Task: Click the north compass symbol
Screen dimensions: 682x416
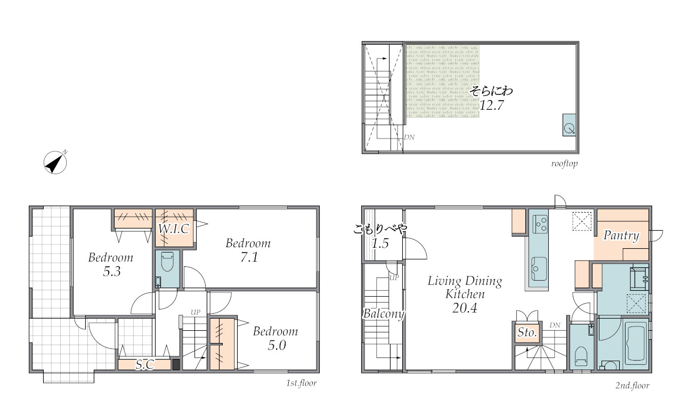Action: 55,162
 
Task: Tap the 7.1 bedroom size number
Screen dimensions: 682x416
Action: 249,257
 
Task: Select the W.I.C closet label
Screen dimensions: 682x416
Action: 174,229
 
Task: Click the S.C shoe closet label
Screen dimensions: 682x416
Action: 145,364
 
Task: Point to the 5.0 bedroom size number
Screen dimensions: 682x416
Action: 277,345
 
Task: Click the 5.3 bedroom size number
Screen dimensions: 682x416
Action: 112,272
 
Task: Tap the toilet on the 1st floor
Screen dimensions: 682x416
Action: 167,262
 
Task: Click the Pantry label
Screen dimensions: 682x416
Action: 621,235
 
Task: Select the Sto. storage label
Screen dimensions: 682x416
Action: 527,332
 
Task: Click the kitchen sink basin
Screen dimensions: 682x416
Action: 539,269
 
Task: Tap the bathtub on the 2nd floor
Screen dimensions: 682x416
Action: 636,343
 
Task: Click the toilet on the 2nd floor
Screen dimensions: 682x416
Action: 581,356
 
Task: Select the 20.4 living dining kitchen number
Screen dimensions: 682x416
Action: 465,308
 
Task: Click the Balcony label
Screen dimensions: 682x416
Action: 384,314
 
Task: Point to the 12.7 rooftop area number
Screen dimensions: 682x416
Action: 492,105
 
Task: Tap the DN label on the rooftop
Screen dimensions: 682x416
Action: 409,137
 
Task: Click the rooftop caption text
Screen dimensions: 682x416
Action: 564,164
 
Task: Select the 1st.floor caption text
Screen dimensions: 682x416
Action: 302,383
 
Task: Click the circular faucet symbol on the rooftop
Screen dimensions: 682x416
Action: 569,128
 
